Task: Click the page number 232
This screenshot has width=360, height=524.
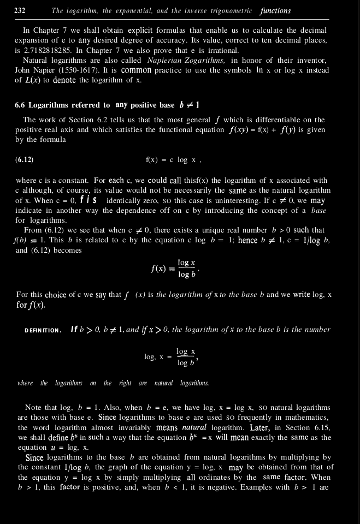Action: click(20, 10)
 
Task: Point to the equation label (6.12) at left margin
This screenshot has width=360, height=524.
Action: click(24, 160)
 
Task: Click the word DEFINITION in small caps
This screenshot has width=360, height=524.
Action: click(43, 330)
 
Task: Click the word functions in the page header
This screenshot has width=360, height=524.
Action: click(275, 11)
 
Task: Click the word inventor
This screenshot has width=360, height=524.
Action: click(310, 61)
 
